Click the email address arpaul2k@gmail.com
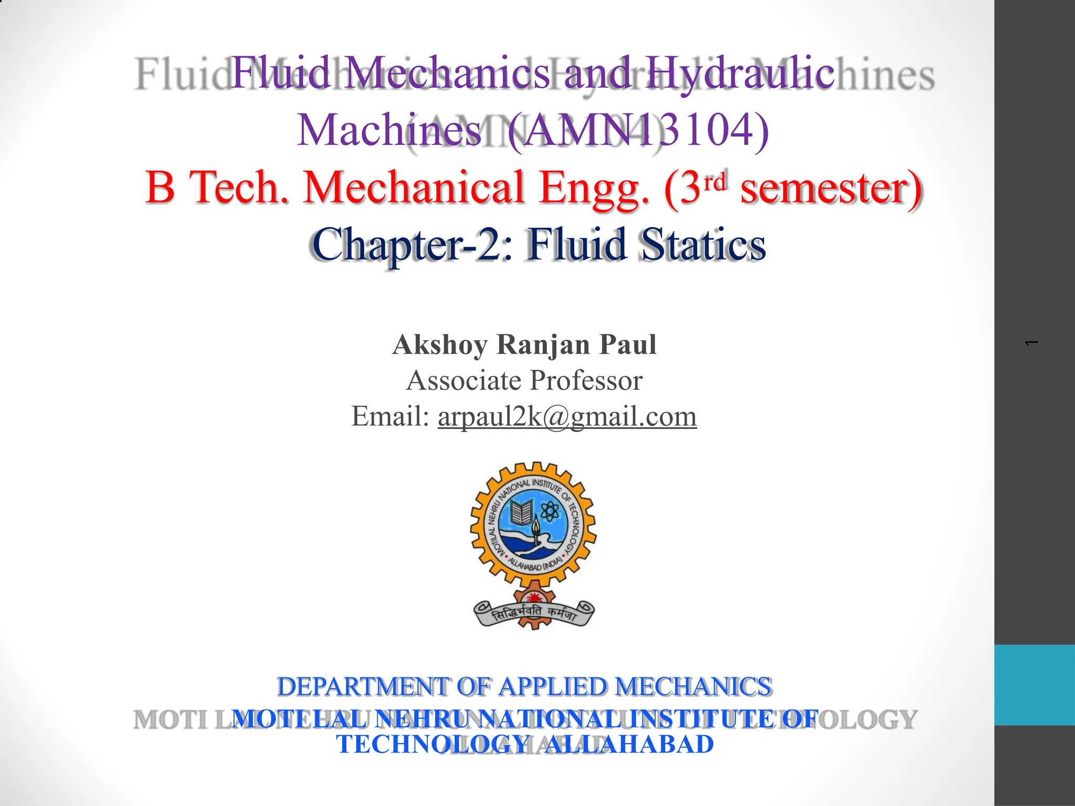click(x=567, y=417)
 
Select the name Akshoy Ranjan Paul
click(x=524, y=345)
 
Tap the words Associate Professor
click(x=524, y=380)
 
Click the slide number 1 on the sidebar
click(x=1031, y=343)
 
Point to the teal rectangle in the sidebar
click(x=1034, y=685)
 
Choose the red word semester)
click(x=831, y=188)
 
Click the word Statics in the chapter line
click(x=703, y=245)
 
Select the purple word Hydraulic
click(x=740, y=73)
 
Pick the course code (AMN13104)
click(x=638, y=130)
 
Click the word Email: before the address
click(x=391, y=417)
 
